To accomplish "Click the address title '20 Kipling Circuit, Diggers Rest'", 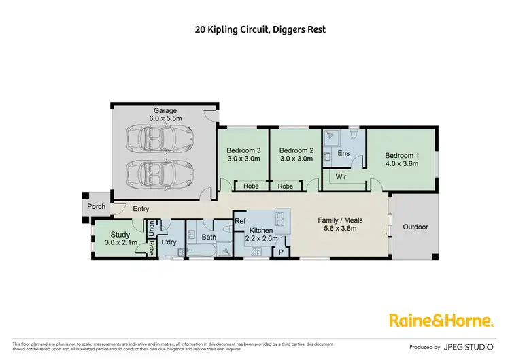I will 255,30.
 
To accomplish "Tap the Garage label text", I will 165,111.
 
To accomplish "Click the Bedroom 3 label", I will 243,150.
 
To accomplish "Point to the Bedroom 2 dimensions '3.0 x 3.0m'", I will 296,159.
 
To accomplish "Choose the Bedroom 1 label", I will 402,155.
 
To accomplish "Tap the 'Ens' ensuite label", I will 343,154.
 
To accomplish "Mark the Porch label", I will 96,206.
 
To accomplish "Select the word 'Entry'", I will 141,209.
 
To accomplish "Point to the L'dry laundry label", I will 169,242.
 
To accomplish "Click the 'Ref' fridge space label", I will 240,221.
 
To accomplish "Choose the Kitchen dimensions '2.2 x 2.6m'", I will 262,240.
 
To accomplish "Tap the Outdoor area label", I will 415,227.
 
